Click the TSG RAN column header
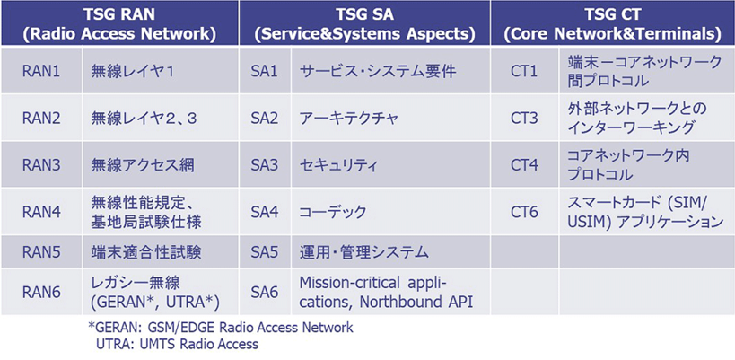[120, 25]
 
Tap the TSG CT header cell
[613, 25]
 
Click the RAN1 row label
[41, 72]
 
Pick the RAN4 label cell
[41, 212]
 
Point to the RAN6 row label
[41, 292]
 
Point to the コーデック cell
[333, 212]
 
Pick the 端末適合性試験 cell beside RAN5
[145, 252]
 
